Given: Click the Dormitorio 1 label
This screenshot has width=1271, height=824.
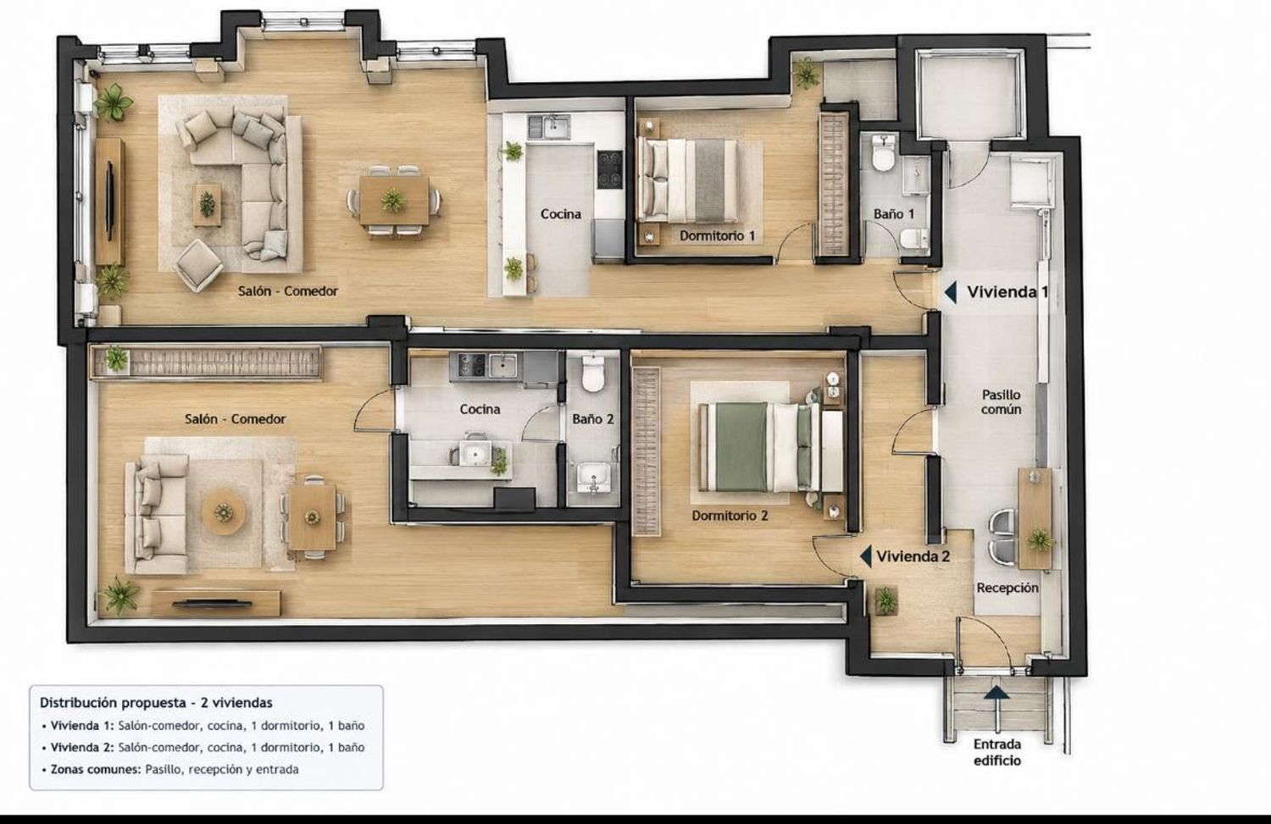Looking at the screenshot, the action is coord(717,235).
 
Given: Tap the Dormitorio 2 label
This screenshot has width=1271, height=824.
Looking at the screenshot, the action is coord(730,516).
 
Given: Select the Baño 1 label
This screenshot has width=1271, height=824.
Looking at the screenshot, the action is coord(894,213).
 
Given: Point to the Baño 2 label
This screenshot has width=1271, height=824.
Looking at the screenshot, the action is coord(593,419).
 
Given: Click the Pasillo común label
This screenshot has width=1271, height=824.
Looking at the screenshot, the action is coord(1001,401).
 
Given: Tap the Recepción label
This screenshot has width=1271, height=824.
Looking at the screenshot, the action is coord(1007,588).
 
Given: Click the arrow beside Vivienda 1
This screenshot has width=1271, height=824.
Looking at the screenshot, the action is coord(951,292).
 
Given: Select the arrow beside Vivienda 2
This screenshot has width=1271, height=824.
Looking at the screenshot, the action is coord(866,556).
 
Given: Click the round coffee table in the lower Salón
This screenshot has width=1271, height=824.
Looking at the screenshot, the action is coord(224,512).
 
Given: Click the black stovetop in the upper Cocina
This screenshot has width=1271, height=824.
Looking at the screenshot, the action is coord(610,169).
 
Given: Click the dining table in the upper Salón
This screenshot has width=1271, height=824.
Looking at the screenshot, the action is coord(394,200).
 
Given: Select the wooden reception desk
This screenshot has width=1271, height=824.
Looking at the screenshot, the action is coord(1035,519).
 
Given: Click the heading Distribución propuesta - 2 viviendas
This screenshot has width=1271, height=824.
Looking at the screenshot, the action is coord(156,703).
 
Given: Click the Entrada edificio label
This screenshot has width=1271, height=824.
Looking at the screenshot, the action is coord(997,752).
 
